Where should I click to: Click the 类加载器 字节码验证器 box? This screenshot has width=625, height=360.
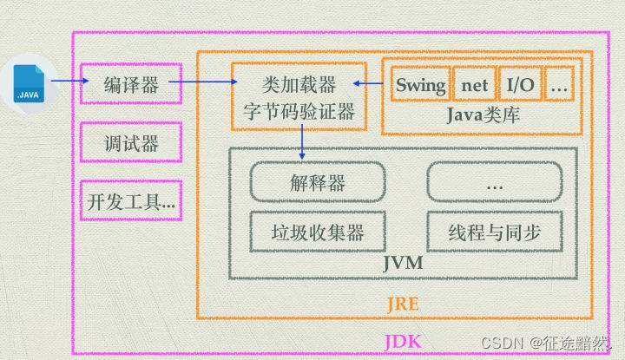pyautogui.click(x=296, y=96)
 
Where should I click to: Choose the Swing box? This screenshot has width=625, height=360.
pyautogui.click(x=420, y=85)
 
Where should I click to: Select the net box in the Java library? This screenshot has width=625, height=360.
pyautogui.click(x=474, y=85)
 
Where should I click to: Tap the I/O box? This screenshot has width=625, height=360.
pyautogui.click(x=521, y=85)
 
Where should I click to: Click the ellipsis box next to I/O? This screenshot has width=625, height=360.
pyautogui.click(x=560, y=85)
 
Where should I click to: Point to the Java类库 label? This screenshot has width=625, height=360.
pyautogui.click(x=483, y=115)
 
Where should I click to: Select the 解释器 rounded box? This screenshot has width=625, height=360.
pyautogui.click(x=317, y=183)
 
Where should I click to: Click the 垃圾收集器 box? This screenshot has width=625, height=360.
pyautogui.click(x=317, y=232)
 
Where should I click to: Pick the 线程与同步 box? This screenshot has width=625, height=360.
pyautogui.click(x=495, y=232)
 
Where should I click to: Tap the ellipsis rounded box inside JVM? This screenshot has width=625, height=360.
pyautogui.click(x=495, y=183)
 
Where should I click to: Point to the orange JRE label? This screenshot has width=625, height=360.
pyautogui.click(x=401, y=304)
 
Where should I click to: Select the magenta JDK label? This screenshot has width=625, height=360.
pyautogui.click(x=402, y=342)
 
